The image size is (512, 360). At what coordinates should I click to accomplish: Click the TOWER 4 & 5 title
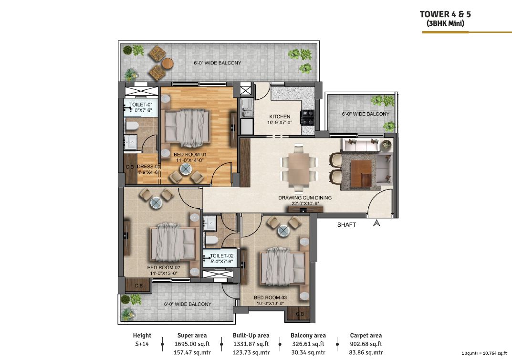pos(445,14)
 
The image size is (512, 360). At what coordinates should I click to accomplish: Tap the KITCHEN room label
pos(280,116)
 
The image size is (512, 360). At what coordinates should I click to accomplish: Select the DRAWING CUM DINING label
pos(305,198)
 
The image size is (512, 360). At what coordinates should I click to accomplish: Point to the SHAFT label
pos(346,225)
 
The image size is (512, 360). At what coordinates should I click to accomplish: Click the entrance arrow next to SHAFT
pos(376,223)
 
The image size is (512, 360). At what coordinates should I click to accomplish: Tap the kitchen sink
pos(247,108)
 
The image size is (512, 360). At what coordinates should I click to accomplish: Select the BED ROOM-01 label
pos(190,155)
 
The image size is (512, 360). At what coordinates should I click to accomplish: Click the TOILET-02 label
pos(222,256)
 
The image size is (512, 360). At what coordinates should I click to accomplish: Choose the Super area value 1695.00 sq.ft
pos(192,344)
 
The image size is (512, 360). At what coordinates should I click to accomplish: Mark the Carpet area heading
pos(366,335)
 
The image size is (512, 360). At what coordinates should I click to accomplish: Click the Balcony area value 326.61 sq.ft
pos(308,344)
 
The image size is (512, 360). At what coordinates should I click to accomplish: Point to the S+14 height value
pos(142,344)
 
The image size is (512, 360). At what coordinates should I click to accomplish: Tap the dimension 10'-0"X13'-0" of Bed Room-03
pos(270,304)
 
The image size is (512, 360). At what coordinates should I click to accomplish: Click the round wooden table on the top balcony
pos(167,63)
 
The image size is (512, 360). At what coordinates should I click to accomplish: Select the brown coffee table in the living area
pos(361,172)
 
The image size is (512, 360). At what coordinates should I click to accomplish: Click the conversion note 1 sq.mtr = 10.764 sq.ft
pos(484,353)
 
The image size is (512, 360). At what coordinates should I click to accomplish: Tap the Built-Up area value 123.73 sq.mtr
pos(251,353)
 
